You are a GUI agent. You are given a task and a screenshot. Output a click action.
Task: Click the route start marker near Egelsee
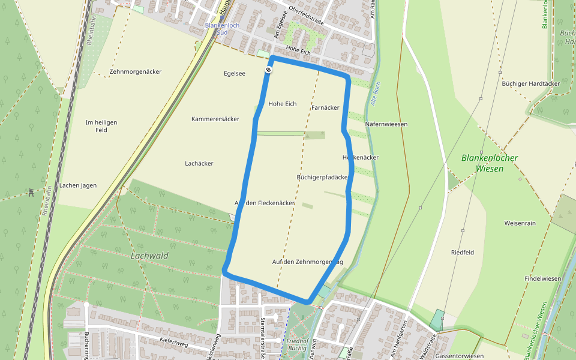pyautogui.click(x=268, y=70)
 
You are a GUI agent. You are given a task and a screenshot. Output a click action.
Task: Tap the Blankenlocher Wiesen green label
pyautogui.click(x=490, y=163)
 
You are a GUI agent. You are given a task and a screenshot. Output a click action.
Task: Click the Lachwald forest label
pyautogui.click(x=149, y=256)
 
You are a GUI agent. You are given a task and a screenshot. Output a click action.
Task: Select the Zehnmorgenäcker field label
pyautogui.click(x=136, y=71)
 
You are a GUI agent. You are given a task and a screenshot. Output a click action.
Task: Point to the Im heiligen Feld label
pyautogui.click(x=101, y=126)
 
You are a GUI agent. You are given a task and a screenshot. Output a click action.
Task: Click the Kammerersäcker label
pyautogui.click(x=215, y=119)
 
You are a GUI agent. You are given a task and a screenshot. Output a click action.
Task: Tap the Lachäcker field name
pyautogui.click(x=199, y=163)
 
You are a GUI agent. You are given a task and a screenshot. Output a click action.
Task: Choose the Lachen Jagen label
pyautogui.click(x=78, y=185)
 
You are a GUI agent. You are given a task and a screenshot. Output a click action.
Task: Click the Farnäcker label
pyautogui.click(x=326, y=107)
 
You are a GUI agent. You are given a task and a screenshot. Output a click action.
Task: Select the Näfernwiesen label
pyautogui.click(x=386, y=124)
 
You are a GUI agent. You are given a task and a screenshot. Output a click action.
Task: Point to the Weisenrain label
pyautogui.click(x=520, y=223)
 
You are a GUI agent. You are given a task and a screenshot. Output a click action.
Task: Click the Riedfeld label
pyautogui.click(x=462, y=253)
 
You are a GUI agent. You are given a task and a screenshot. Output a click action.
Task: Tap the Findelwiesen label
pyautogui.click(x=542, y=279)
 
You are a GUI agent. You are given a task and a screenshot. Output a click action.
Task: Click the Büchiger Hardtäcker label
pyautogui.click(x=531, y=83)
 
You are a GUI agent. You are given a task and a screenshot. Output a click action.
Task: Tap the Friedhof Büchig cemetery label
pyautogui.click(x=294, y=344)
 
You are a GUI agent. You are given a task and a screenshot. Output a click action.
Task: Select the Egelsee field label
pyautogui.click(x=234, y=74)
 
